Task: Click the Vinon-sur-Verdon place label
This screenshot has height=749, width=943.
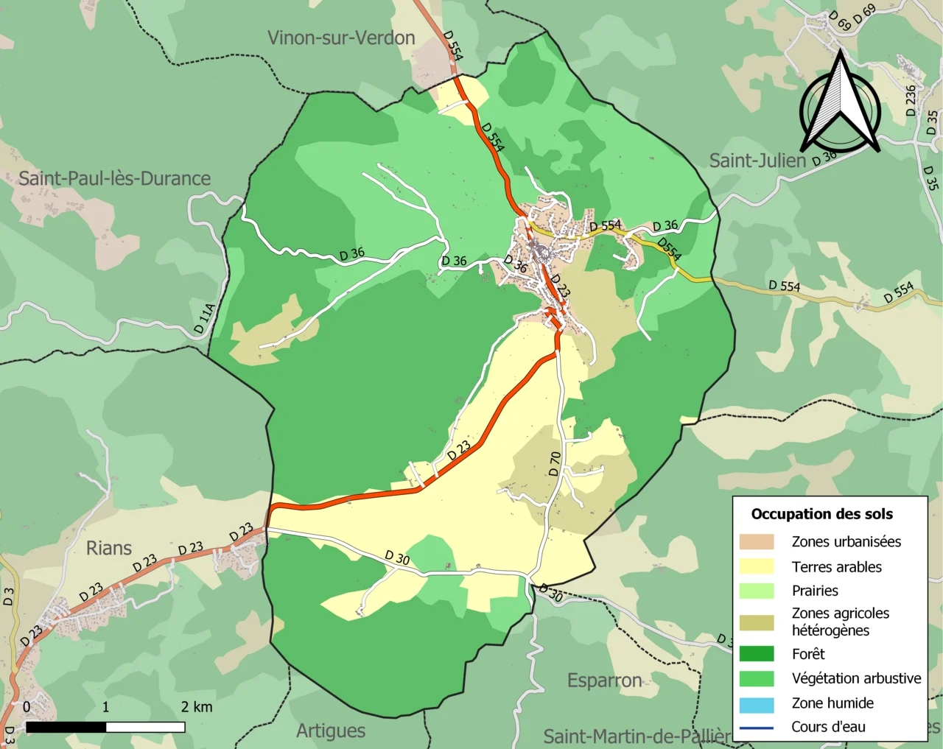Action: (341, 38)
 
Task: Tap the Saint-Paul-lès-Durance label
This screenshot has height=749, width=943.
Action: (114, 179)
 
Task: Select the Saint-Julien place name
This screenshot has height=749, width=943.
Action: (757, 161)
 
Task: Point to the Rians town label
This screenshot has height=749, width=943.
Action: (109, 549)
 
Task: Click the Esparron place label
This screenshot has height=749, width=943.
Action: (604, 681)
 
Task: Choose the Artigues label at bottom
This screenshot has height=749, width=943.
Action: (331, 731)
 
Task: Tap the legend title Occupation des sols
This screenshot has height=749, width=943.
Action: (821, 514)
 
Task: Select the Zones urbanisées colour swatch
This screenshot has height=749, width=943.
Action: (757, 542)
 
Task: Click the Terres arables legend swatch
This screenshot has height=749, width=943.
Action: (757, 566)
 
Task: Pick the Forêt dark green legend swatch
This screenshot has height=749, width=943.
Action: (757, 654)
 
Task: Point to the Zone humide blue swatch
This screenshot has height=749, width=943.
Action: (757, 704)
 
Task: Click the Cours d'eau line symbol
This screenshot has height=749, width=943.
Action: (757, 728)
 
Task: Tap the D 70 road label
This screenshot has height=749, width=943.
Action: (555, 463)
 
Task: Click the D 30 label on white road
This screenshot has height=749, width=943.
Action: (398, 558)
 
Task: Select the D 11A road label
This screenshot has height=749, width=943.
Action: (205, 318)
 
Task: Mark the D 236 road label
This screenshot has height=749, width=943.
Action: (911, 100)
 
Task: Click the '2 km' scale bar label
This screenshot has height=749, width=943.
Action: (197, 708)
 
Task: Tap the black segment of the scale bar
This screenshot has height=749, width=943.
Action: (66, 728)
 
